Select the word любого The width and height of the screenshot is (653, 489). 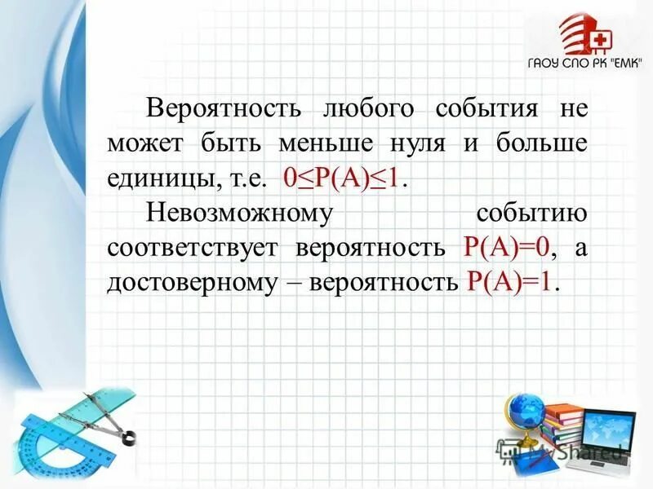(368, 108)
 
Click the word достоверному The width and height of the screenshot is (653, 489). (189, 283)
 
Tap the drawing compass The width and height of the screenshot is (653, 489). (106, 416)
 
